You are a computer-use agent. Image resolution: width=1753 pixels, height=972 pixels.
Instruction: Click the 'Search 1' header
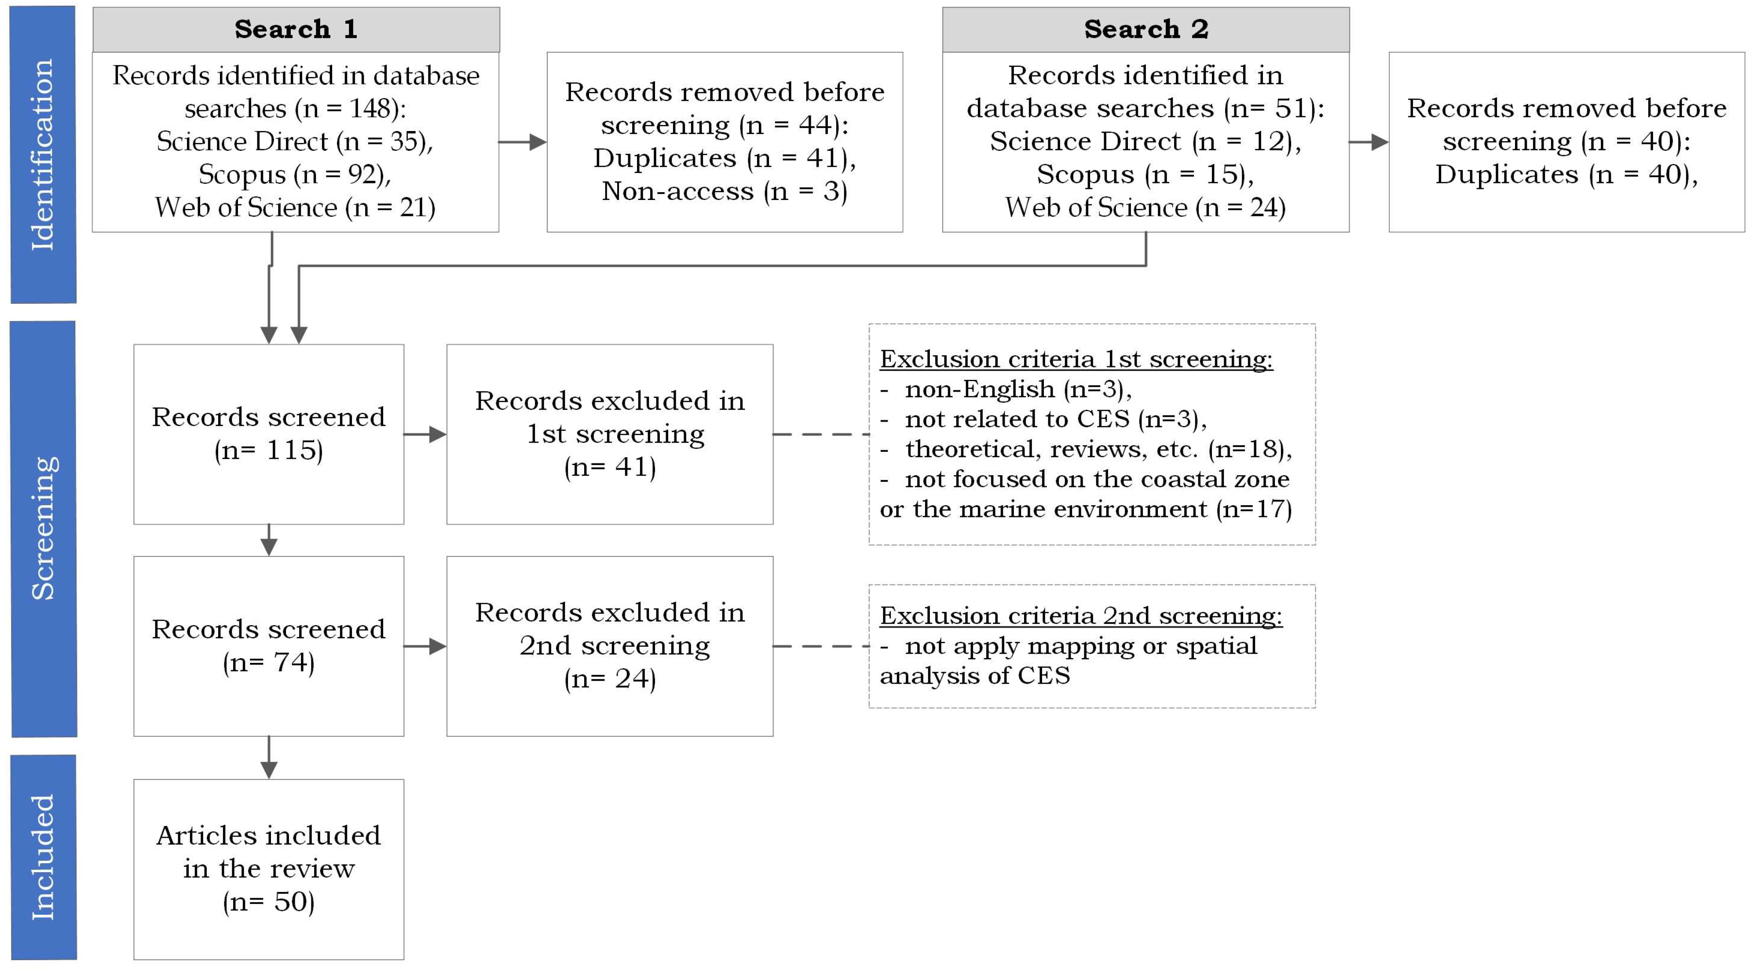(x=296, y=29)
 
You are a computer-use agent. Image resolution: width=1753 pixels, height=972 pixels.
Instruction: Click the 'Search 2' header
(x=1146, y=29)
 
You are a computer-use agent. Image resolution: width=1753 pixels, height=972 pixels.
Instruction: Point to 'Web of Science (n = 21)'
(x=295, y=208)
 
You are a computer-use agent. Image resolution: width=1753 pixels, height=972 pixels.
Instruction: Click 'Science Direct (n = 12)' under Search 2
(x=1145, y=142)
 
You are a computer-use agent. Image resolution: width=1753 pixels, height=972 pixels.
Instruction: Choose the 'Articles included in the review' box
(x=269, y=869)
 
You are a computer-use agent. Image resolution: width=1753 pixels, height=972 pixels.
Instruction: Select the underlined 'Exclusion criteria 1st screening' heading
(x=1076, y=359)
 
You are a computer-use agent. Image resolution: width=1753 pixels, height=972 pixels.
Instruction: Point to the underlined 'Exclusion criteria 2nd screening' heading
(x=1081, y=615)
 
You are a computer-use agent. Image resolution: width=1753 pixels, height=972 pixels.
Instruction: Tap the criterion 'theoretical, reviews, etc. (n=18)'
(x=1098, y=449)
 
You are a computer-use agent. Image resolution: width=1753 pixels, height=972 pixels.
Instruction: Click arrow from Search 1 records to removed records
(x=523, y=142)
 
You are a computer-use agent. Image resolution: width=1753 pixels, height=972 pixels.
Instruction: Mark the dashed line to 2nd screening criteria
(x=821, y=646)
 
